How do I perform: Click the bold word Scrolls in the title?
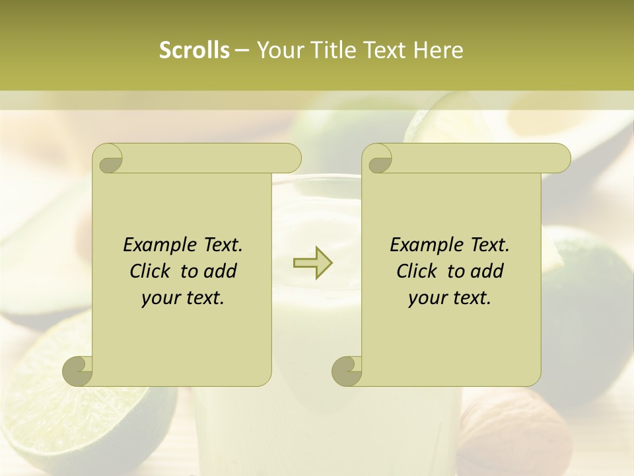point(195,50)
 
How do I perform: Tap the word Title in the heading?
point(328,50)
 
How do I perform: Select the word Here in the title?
point(439,50)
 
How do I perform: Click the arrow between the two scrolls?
point(312,262)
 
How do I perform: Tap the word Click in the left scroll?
point(149,271)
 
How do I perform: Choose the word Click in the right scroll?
point(416,271)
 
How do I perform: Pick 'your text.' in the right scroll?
point(450,298)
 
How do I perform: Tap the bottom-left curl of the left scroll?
point(78,370)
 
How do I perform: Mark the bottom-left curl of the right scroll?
point(347,370)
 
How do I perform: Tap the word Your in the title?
point(280,50)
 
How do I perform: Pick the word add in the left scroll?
point(220,271)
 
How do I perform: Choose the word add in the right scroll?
point(487,271)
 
